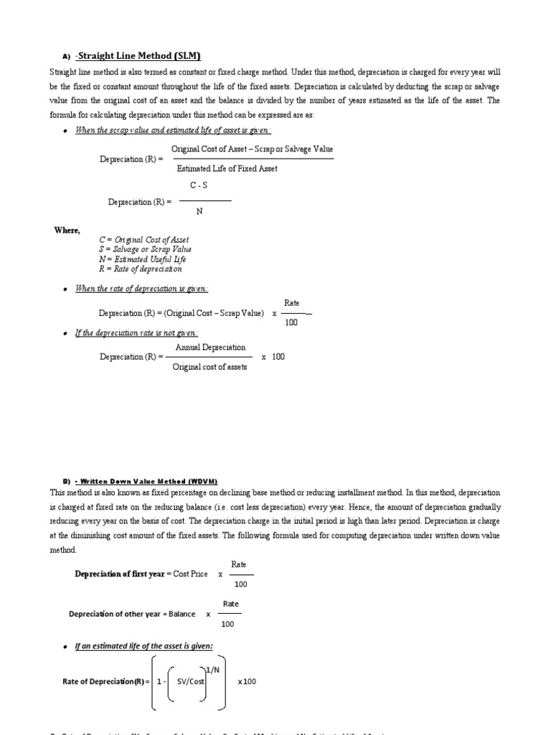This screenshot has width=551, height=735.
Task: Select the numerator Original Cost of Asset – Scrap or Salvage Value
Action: point(252,149)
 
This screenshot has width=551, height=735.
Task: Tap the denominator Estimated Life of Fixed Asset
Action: point(227,169)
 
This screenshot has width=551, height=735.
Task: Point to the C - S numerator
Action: point(199,185)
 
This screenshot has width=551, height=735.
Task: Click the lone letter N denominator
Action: point(199,212)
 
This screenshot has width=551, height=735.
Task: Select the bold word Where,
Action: point(67,230)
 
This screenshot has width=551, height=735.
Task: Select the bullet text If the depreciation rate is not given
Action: point(136,333)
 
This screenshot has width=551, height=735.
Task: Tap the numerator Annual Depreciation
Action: point(210,347)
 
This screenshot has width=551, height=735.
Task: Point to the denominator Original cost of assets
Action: point(209,367)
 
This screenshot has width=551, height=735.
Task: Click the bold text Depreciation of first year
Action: point(120,574)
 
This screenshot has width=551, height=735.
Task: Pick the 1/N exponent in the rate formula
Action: point(213,670)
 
